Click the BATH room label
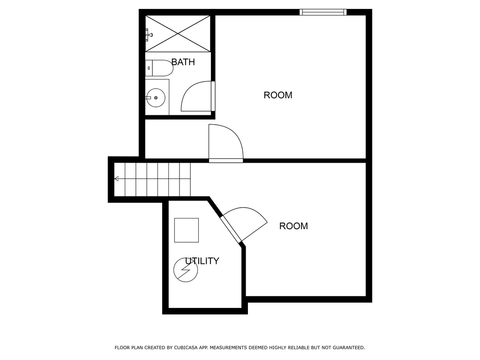tap(183, 62)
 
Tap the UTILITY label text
tap(202, 261)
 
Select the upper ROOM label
tap(278, 95)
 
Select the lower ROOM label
tap(293, 226)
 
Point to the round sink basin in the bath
tap(155, 98)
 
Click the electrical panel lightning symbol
tap(186, 270)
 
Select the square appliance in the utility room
tap(186, 230)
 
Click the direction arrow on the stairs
tap(116, 179)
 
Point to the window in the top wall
tap(323, 12)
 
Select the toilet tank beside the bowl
tap(148, 68)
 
